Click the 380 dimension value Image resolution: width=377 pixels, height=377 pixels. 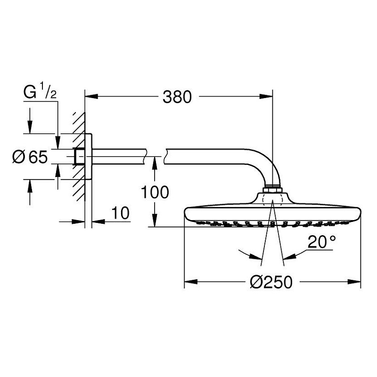(178, 97)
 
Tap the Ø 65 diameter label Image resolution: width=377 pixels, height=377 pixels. (30, 156)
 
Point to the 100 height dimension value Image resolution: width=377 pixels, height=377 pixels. (155, 192)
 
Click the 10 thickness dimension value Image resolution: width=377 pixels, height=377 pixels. (121, 213)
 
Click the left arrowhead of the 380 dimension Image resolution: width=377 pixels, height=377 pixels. (90, 98)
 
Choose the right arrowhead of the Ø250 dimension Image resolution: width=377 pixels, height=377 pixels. (356, 283)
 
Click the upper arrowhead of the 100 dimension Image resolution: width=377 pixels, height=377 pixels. (154, 162)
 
